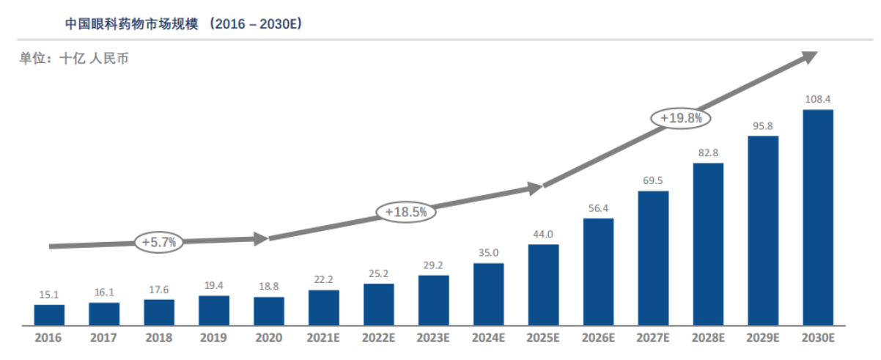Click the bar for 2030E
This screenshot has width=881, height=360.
818,218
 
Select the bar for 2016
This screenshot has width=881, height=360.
49,315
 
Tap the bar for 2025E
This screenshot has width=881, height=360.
543,285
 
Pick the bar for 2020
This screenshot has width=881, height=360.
269,311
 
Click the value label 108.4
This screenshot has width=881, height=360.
818,99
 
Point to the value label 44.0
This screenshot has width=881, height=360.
543,234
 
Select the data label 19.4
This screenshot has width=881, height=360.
214,285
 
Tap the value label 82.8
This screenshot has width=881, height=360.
708,152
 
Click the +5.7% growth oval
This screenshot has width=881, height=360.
159,242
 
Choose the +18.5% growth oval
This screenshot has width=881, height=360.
405,212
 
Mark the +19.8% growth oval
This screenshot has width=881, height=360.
681,117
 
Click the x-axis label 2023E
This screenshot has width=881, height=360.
433,339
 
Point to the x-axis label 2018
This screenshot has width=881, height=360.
159,339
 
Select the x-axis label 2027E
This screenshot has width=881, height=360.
653,339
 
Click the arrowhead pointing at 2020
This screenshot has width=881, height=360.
262,238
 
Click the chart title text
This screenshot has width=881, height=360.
183,23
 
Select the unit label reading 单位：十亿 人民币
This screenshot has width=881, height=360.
74,59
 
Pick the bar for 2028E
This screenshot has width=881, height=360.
708,244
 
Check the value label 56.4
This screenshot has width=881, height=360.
598,207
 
